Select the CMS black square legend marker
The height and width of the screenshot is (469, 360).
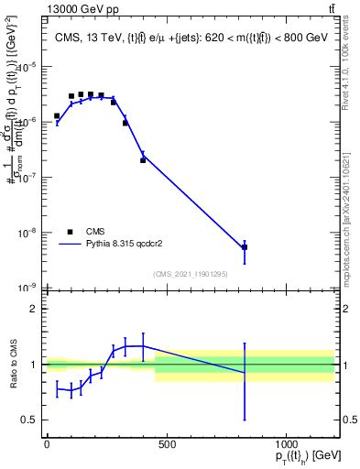[x=70, y=232]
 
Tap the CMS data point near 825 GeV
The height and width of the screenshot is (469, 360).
[x=245, y=247]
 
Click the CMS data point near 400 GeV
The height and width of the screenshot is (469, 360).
[x=143, y=160]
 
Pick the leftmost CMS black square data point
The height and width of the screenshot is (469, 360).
[x=57, y=116]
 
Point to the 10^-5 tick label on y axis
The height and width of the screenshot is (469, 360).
[x=27, y=66]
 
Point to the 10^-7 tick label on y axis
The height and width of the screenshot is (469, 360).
[x=27, y=177]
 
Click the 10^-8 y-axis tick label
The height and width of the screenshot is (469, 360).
[x=27, y=232]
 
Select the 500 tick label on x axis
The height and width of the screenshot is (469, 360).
[x=166, y=445]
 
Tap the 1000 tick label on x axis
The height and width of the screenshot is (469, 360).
[x=286, y=445]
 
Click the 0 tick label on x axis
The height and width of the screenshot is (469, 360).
[x=47, y=445]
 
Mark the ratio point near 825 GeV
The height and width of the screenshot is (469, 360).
[x=245, y=373]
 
